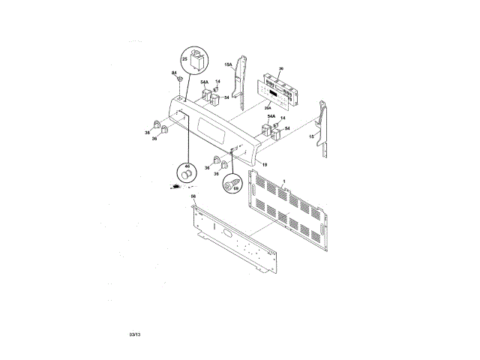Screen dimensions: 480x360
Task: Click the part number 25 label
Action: pyautogui.click(x=184, y=58)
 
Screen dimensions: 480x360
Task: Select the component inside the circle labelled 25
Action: pyautogui.click(x=198, y=59)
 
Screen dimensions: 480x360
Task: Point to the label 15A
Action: pyautogui.click(x=229, y=65)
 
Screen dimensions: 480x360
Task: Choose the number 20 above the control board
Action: pyautogui.click(x=280, y=69)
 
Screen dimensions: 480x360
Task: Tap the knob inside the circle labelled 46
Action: pyautogui.click(x=184, y=175)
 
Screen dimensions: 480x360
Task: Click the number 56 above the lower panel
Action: pyautogui.click(x=193, y=196)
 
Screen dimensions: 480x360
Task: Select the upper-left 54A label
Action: pyautogui.click(x=204, y=82)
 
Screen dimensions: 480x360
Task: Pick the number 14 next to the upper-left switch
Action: pyautogui.click(x=218, y=82)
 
